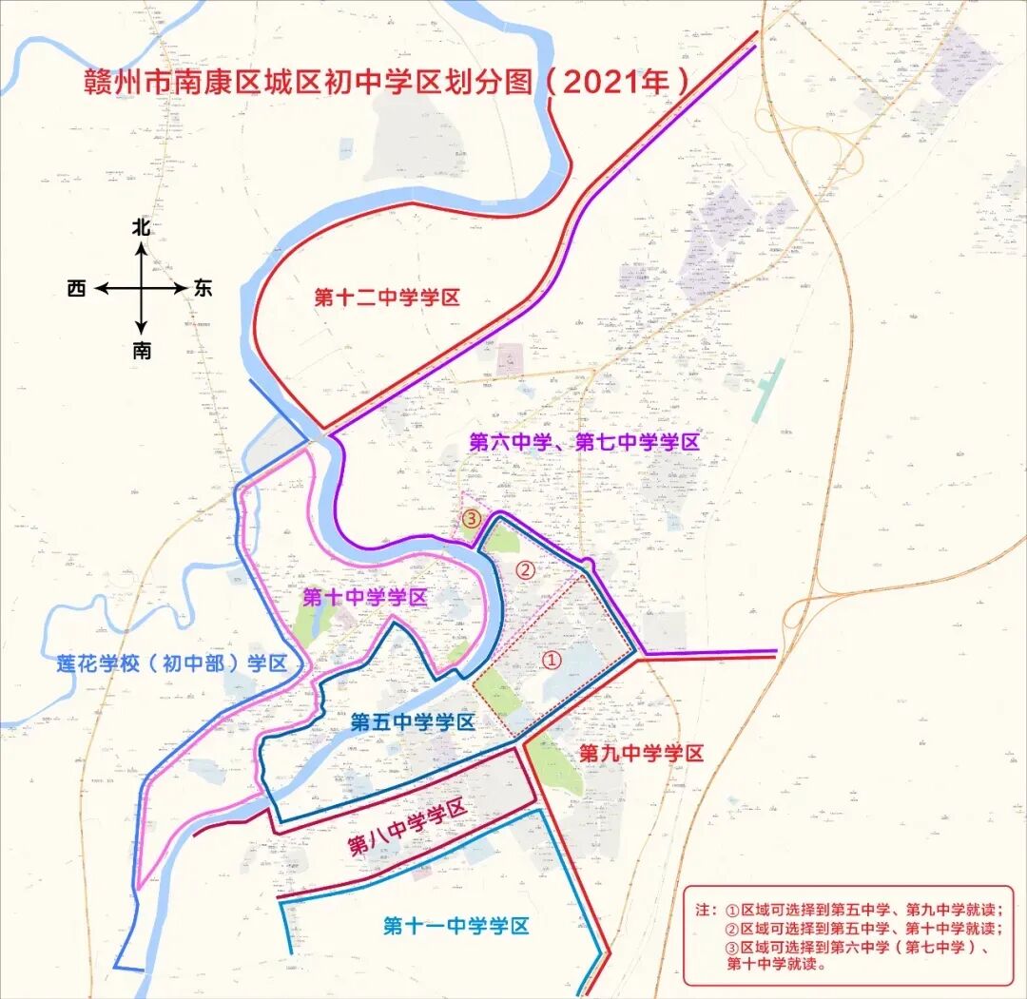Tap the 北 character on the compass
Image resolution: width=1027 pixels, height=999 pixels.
tap(142, 227)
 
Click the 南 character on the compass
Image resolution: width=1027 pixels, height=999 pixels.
tap(142, 351)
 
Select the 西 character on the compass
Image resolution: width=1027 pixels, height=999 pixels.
tap(77, 288)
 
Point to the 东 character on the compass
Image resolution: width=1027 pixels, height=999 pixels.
tap(203, 288)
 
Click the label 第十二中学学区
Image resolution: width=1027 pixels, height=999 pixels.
tap(387, 298)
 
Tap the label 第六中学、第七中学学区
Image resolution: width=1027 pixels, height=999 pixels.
tap(585, 442)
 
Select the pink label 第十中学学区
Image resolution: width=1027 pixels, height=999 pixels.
tap(364, 598)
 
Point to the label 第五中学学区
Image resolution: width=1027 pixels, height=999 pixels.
tap(412, 721)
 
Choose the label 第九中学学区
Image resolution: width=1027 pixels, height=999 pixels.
tap(641, 754)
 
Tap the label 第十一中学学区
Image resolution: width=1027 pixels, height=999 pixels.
tap(455, 926)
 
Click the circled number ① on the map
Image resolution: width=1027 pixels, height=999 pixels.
tap(552, 658)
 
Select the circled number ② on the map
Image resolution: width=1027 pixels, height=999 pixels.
tap(524, 569)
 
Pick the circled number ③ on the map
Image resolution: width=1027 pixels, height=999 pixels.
tap(472, 519)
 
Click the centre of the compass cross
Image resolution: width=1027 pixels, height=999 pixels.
tap(142, 288)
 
